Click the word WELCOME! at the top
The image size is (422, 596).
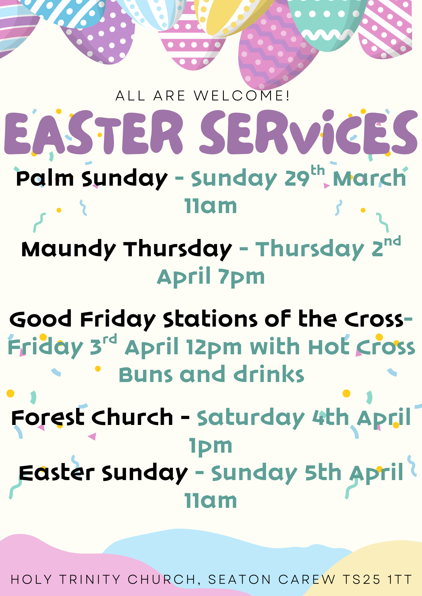tap(242, 96)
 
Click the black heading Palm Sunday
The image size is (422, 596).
tap(92, 179)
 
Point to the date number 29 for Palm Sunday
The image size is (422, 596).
tap(297, 179)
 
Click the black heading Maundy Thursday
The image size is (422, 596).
tap(127, 250)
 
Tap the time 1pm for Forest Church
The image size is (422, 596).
tap(211, 446)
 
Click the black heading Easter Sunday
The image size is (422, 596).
tap(103, 474)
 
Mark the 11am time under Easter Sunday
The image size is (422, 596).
tap(211, 501)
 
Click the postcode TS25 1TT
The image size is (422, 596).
tap(377, 580)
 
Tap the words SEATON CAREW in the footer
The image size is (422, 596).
tap(272, 580)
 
